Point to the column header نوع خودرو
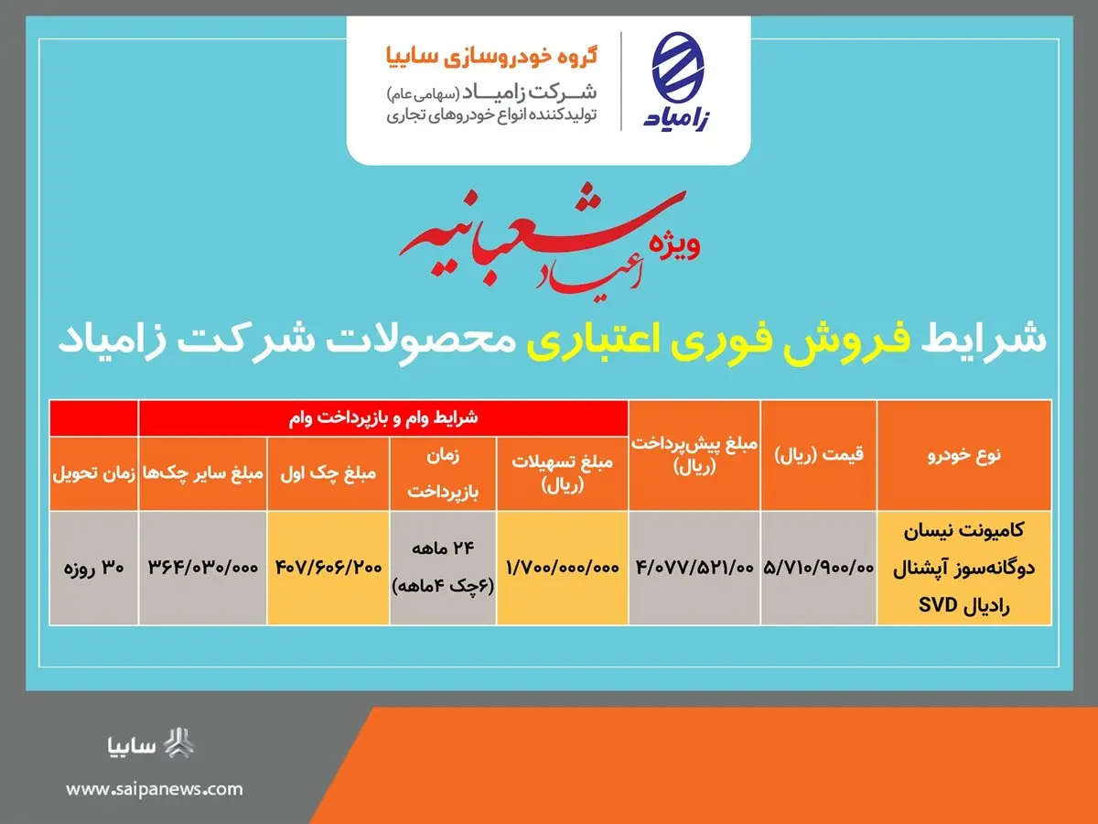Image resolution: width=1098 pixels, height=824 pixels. click(x=963, y=455)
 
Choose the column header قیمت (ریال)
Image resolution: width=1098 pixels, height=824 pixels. click(x=819, y=455)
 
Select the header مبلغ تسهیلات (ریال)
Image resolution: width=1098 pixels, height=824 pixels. click(x=562, y=472)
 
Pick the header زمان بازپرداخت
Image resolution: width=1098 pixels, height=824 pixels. click(x=443, y=472)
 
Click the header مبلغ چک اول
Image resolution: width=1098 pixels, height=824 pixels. click(x=328, y=473)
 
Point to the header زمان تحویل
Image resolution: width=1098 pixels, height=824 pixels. click(x=94, y=473)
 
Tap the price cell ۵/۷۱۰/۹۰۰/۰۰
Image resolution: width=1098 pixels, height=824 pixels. click(x=819, y=568)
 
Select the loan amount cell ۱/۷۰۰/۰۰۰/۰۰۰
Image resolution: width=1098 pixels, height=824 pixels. click(x=562, y=568)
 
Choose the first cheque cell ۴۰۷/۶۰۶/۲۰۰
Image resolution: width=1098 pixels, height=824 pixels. click(x=328, y=568)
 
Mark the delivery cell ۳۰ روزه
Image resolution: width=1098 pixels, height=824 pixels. click(x=94, y=568)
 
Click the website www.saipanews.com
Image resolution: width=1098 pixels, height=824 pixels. click(x=155, y=788)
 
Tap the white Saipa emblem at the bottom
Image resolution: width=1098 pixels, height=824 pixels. click(x=178, y=743)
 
